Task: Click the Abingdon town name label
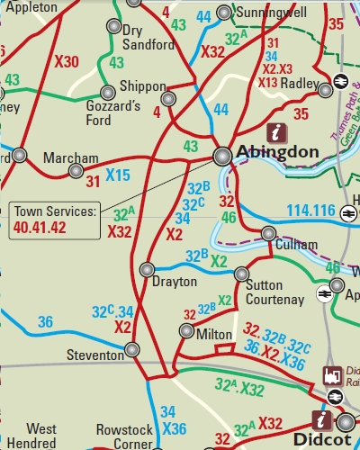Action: click(277, 152)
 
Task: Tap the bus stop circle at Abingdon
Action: click(221, 156)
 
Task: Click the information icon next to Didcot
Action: click(319, 419)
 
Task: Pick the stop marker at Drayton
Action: click(148, 269)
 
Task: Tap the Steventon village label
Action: click(95, 355)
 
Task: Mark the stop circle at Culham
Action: click(268, 234)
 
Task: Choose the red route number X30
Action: click(67, 62)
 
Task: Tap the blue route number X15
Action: click(118, 174)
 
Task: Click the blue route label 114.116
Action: click(310, 211)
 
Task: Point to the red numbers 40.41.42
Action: click(39, 229)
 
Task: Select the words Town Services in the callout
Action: click(55, 212)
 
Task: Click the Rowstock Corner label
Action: click(124, 437)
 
